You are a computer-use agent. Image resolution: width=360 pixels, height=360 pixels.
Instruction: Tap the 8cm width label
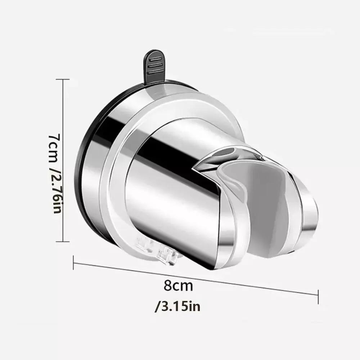(x=178, y=286)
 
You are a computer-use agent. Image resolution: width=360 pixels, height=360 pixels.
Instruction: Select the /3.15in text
(x=177, y=307)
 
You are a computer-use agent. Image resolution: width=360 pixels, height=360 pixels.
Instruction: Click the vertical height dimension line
(x=64, y=162)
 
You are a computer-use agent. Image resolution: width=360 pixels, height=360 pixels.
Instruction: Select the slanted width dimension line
(x=196, y=277)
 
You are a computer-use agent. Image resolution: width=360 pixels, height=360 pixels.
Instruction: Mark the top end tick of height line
(x=64, y=80)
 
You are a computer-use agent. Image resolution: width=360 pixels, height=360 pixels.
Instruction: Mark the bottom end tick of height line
(x=64, y=242)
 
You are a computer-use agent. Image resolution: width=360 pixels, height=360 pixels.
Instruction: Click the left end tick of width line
(x=73, y=262)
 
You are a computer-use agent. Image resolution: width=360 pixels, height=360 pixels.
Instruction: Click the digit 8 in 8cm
(x=168, y=286)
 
